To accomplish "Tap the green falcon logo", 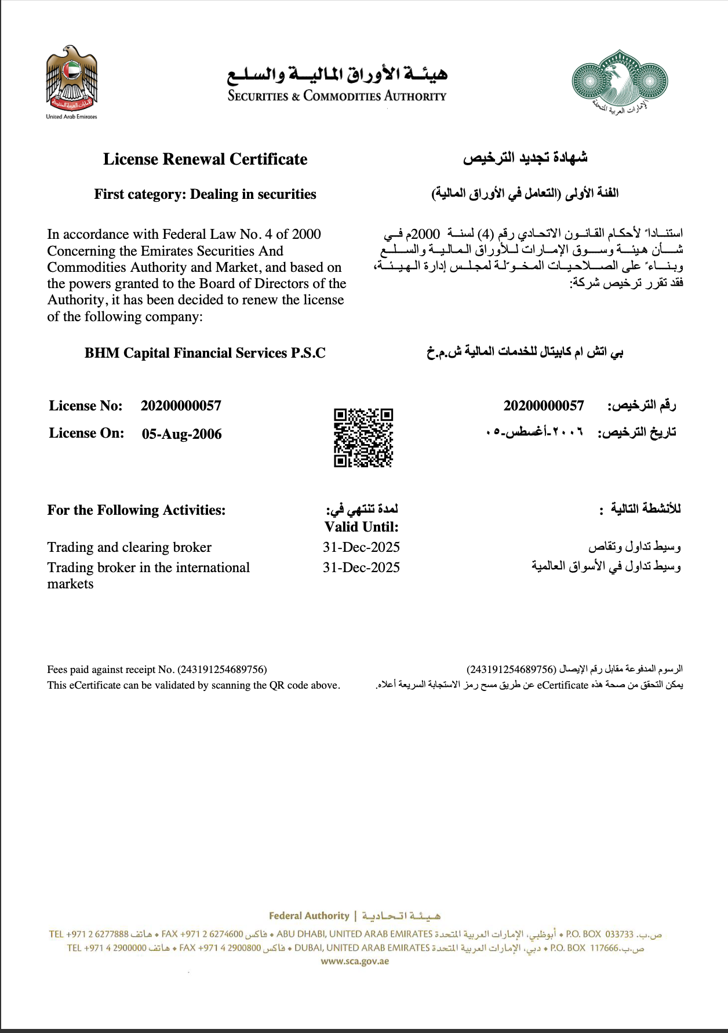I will click(620, 79).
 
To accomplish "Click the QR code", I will click(363, 438).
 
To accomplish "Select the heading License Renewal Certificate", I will click(205, 159).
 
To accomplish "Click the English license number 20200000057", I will click(181, 406).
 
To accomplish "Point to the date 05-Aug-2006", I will click(181, 434).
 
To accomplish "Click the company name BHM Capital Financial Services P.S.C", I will click(205, 353).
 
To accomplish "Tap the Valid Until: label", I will click(362, 527).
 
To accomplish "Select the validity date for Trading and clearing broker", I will click(361, 547).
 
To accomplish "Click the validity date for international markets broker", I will click(361, 568).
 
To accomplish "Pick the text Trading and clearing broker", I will click(129, 547).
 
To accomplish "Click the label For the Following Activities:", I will click(136, 510).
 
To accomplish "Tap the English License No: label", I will click(86, 406).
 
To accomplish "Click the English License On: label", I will click(86, 433).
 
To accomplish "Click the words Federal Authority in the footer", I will click(309, 916).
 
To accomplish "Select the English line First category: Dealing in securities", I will click(205, 194).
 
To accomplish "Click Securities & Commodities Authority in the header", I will click(337, 96).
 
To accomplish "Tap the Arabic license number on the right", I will click(544, 406).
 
